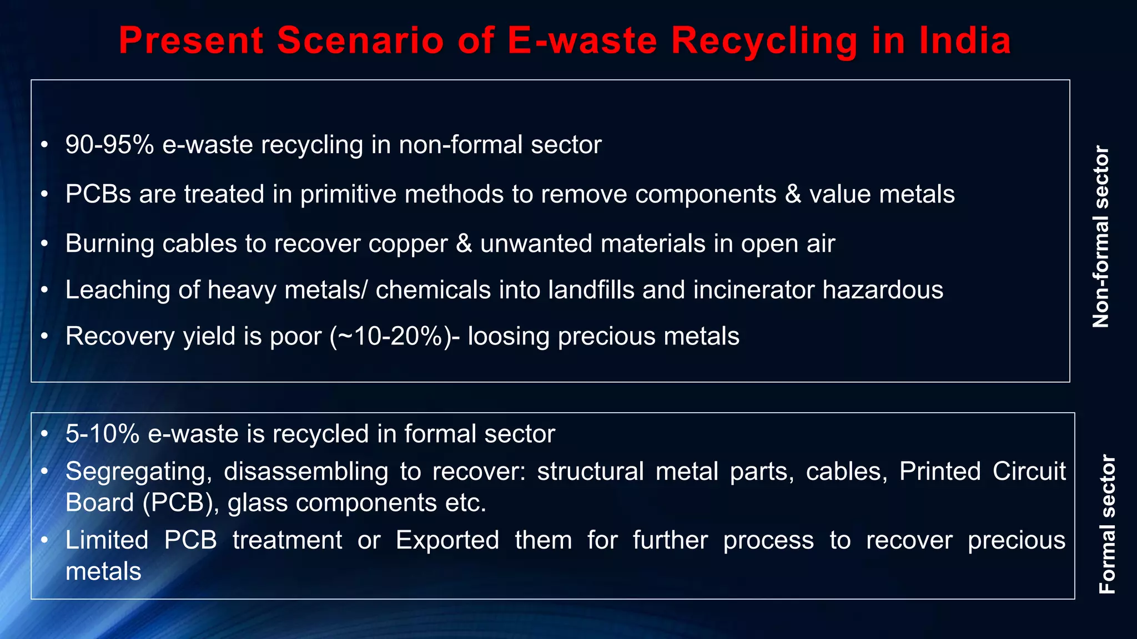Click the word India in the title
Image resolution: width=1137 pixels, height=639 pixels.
965,40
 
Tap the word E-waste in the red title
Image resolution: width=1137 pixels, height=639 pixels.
582,40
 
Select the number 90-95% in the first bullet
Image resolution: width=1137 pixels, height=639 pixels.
109,145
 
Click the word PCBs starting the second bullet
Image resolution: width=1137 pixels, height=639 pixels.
98,194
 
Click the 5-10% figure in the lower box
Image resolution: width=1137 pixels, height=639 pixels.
102,434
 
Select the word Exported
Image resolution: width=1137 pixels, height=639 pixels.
447,540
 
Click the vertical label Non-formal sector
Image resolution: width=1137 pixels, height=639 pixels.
1100,237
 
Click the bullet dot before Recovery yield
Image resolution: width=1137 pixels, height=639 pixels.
45,336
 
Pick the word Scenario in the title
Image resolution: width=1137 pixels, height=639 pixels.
360,40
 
